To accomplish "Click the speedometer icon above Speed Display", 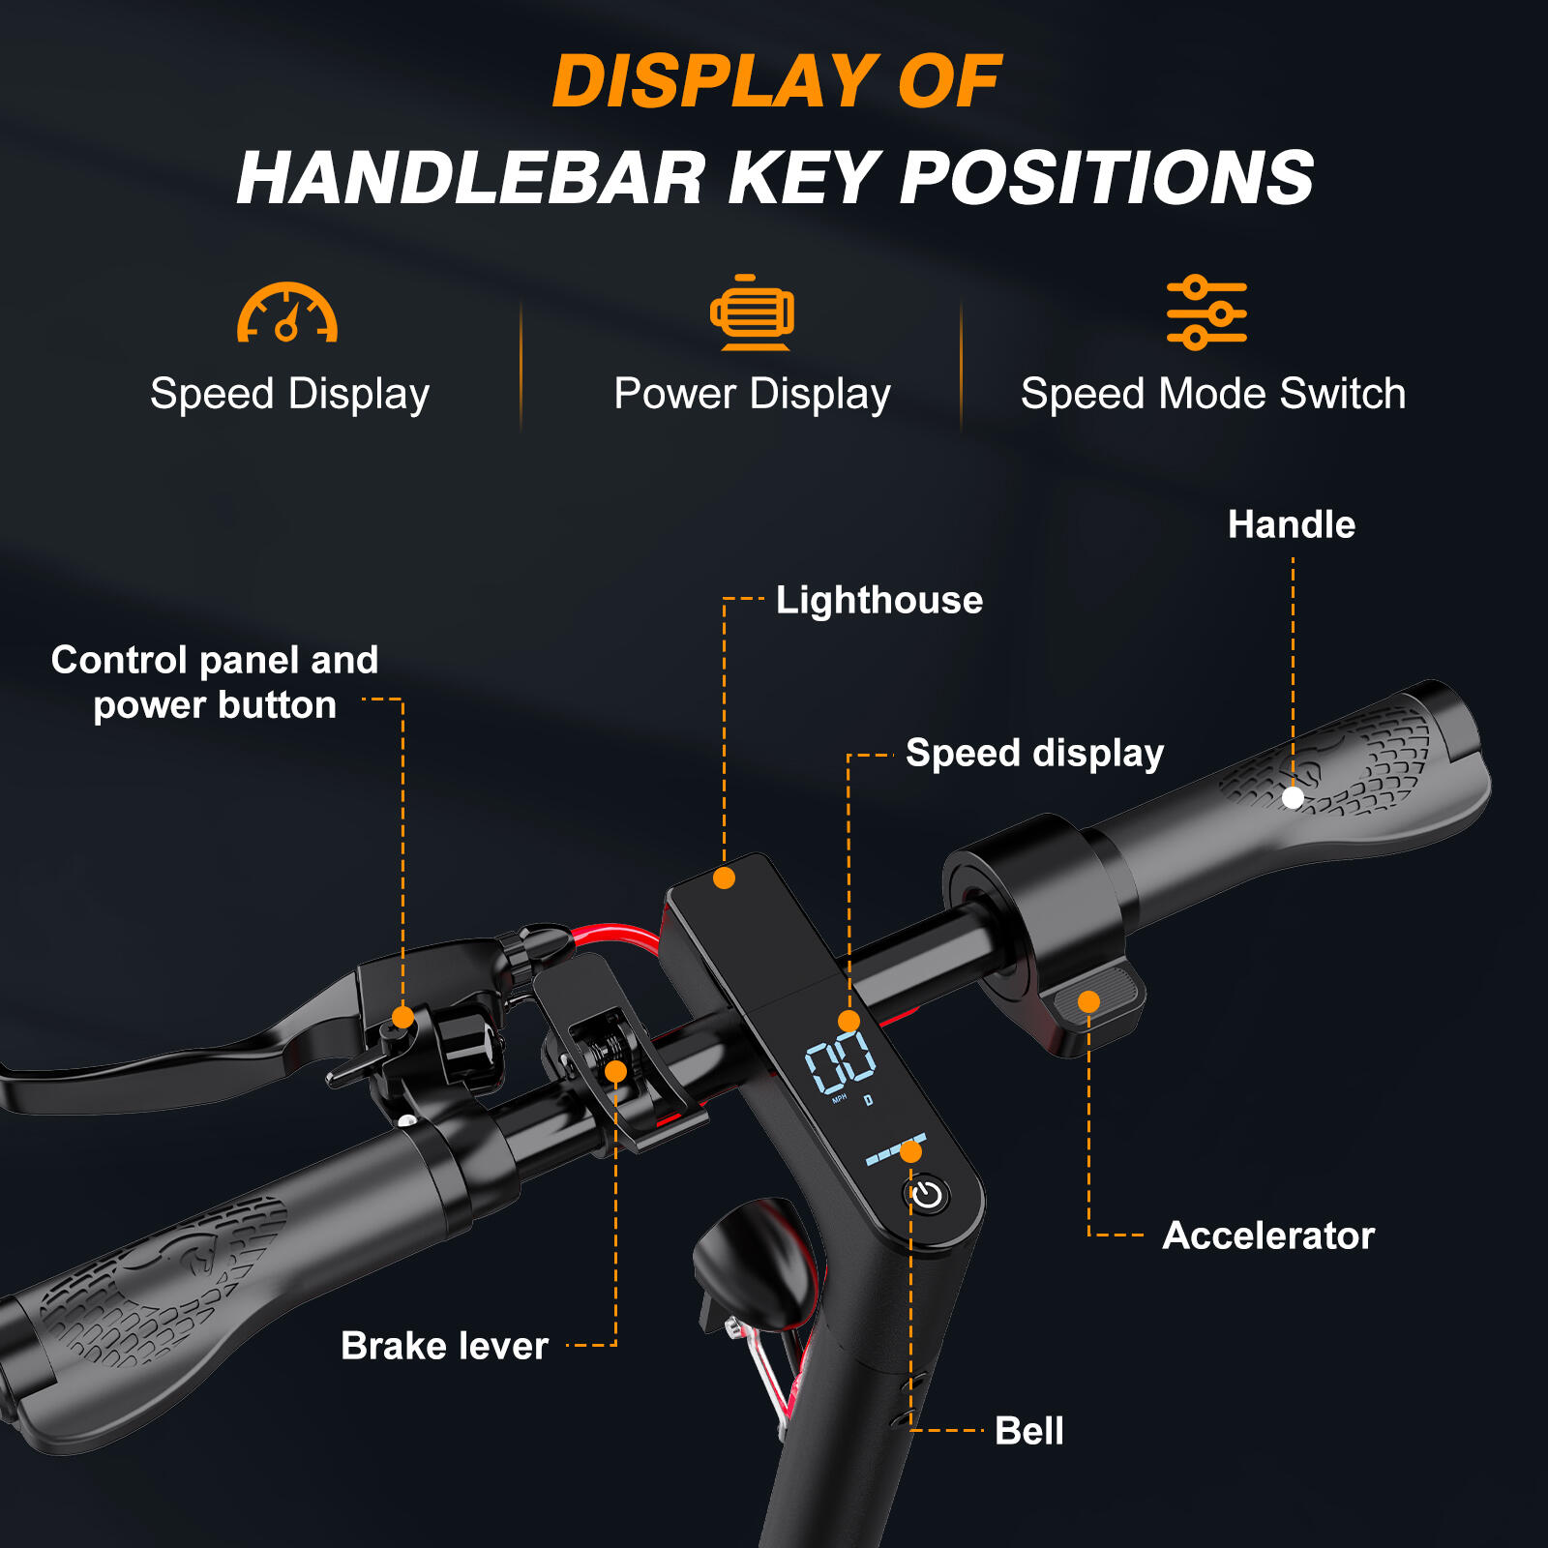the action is [287, 313].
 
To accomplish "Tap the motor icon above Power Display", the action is [752, 312].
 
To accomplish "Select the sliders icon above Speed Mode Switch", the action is [1206, 312].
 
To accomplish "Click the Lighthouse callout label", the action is [879, 600].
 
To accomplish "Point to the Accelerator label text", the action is [1268, 1235].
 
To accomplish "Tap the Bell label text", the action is [1029, 1430].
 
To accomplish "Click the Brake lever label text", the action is [444, 1346].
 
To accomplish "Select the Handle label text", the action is [1292, 524].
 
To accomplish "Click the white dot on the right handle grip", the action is [1293, 797].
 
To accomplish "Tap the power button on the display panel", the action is [927, 1195].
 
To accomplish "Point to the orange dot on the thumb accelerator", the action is [1088, 1001].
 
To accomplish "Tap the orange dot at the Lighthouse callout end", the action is [724, 878].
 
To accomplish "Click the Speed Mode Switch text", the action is [1213, 394].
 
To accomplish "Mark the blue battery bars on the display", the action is [895, 1149].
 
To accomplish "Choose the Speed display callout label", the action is [1034, 754].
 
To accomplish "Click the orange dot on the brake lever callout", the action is [615, 1072].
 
